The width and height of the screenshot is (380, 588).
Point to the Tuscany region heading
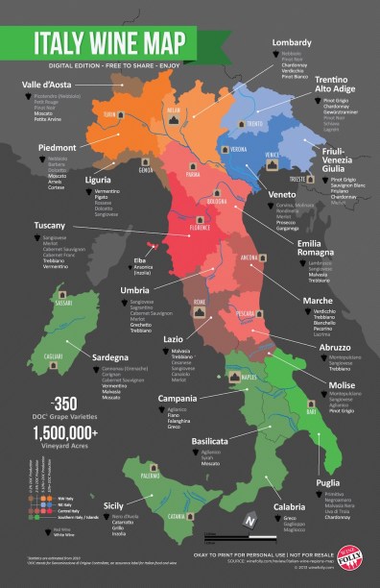tap(34, 225)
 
